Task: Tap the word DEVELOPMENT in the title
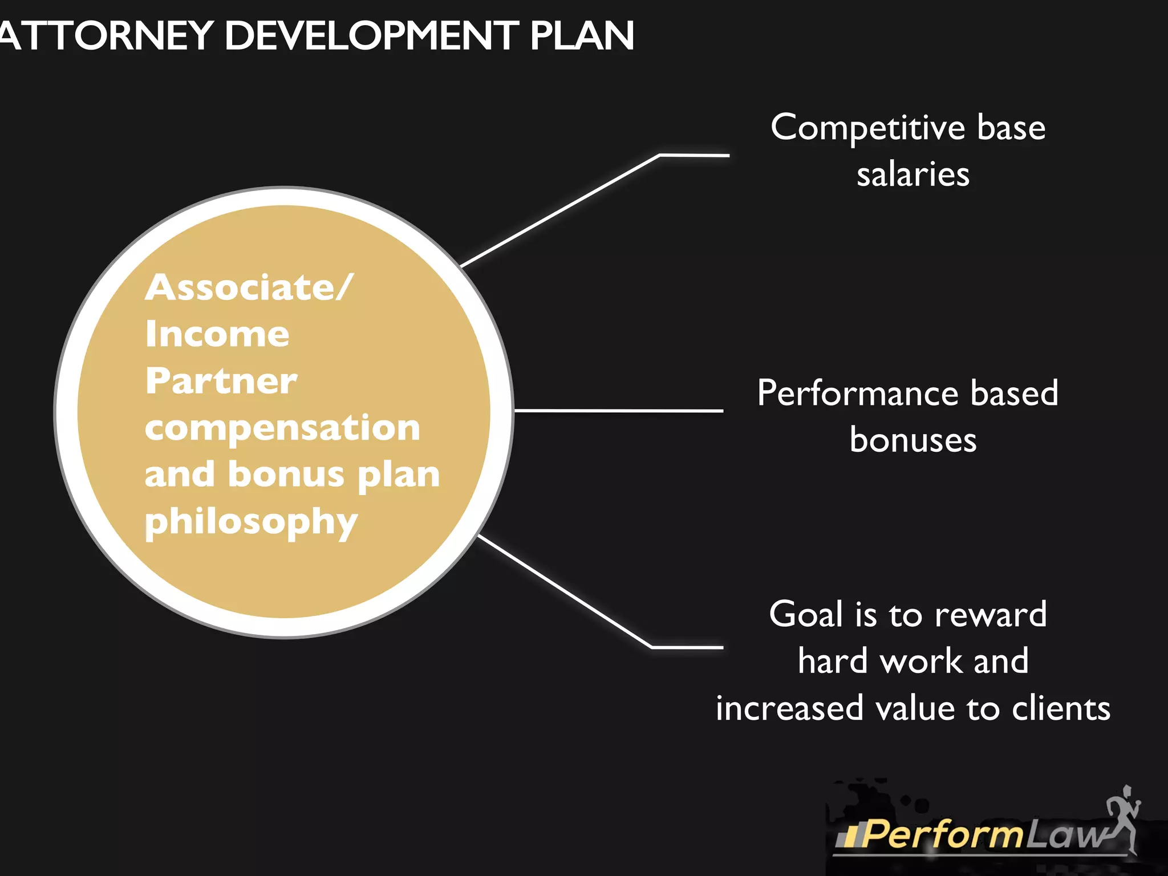[x=371, y=35]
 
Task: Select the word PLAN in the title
[x=582, y=35]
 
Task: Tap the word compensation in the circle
[x=282, y=428]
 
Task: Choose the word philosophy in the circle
[x=251, y=522]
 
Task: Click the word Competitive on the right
[x=867, y=128]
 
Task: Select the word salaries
[x=912, y=175]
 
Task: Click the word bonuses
[x=912, y=440]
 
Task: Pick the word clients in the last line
[x=1061, y=708]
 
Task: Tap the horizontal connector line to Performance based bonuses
[x=619, y=410]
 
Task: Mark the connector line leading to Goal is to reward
[x=565, y=591]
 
